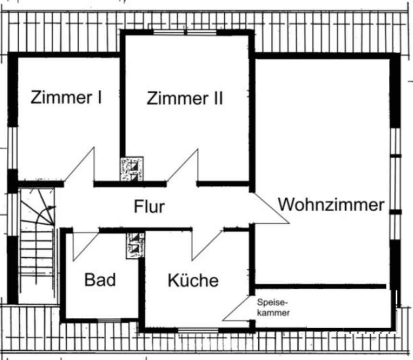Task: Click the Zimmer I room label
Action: [66, 97]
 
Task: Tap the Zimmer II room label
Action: [185, 98]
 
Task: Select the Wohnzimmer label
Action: [331, 205]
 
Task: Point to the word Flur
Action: [149, 207]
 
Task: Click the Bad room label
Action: [100, 279]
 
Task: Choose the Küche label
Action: [193, 280]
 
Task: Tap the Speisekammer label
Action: [273, 308]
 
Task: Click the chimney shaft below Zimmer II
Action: [132, 169]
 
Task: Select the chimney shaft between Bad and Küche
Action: [135, 245]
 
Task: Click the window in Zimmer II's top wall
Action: [185, 33]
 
